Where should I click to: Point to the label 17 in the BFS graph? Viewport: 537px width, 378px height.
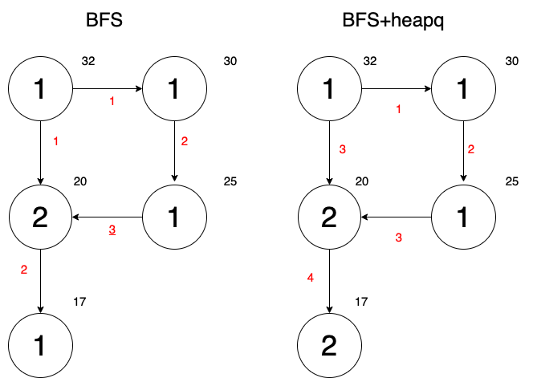point(79,302)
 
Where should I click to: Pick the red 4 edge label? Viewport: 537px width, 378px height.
point(311,278)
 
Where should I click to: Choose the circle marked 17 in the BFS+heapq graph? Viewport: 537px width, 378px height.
point(330,345)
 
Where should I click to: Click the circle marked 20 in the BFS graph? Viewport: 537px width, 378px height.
point(40,217)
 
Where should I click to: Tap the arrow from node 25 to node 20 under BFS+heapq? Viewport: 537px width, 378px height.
point(397,217)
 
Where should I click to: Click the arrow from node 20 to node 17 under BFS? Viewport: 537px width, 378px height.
point(40,281)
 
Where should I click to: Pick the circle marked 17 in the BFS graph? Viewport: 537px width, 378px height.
point(40,345)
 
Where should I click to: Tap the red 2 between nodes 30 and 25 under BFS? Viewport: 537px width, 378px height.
point(185,142)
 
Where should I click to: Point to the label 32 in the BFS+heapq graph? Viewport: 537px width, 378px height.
point(370,60)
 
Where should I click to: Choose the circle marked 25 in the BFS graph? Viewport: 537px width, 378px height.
point(174,217)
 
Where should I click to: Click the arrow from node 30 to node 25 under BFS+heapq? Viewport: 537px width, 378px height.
point(464,153)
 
